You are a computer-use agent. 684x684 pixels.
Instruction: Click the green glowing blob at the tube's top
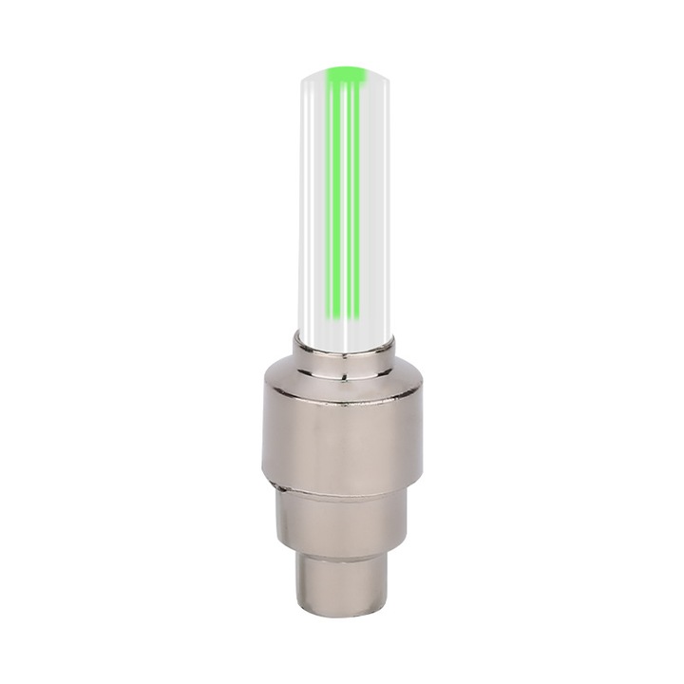click(346, 72)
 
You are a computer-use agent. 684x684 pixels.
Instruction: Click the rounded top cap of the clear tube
click(343, 68)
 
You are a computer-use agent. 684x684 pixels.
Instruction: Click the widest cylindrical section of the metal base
click(343, 427)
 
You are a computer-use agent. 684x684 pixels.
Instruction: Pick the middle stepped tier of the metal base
click(343, 518)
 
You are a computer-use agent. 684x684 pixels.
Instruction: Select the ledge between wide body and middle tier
click(343, 486)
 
